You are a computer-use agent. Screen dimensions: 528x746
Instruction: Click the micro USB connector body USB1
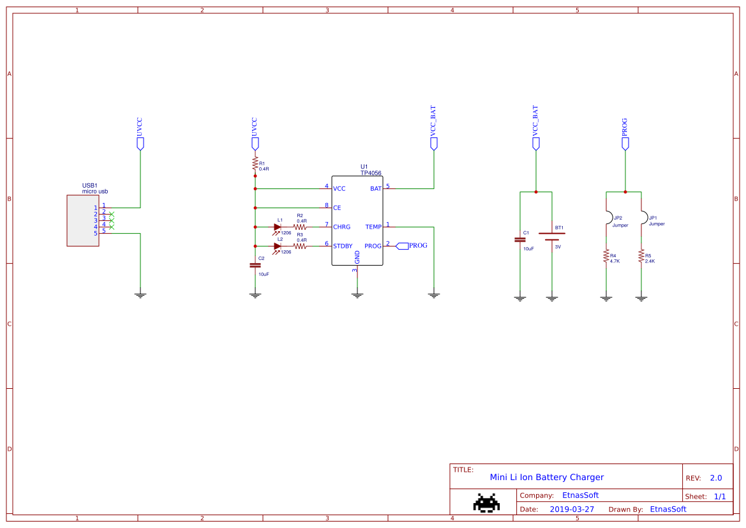[x=83, y=220]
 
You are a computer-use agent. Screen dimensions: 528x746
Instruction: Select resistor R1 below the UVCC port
[x=255, y=166]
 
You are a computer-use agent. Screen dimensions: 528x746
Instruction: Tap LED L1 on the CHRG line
[x=278, y=227]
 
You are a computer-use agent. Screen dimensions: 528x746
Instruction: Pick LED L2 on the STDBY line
[x=278, y=246]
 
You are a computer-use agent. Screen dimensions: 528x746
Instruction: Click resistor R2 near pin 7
[x=300, y=227]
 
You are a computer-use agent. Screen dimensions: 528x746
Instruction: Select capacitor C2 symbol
[x=255, y=265]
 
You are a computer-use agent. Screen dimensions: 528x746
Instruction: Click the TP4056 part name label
[x=372, y=173]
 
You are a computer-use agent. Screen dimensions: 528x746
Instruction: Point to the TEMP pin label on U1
[x=373, y=227]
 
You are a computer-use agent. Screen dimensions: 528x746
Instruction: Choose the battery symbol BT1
[x=552, y=237]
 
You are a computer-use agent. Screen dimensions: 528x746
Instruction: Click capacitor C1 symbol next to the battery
[x=520, y=240]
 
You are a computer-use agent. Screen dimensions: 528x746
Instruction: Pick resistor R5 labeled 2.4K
[x=641, y=256]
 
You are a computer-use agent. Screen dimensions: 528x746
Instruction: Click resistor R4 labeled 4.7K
[x=606, y=256]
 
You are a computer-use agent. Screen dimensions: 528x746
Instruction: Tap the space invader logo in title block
[x=486, y=502]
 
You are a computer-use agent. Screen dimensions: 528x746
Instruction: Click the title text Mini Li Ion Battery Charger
[x=546, y=477]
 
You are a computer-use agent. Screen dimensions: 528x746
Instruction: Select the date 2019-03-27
[x=571, y=509]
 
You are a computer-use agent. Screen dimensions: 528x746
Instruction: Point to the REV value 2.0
[x=716, y=478]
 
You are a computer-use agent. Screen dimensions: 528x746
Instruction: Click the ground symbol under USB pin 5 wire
[x=140, y=294]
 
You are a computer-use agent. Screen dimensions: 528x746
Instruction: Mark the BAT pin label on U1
[x=375, y=189]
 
